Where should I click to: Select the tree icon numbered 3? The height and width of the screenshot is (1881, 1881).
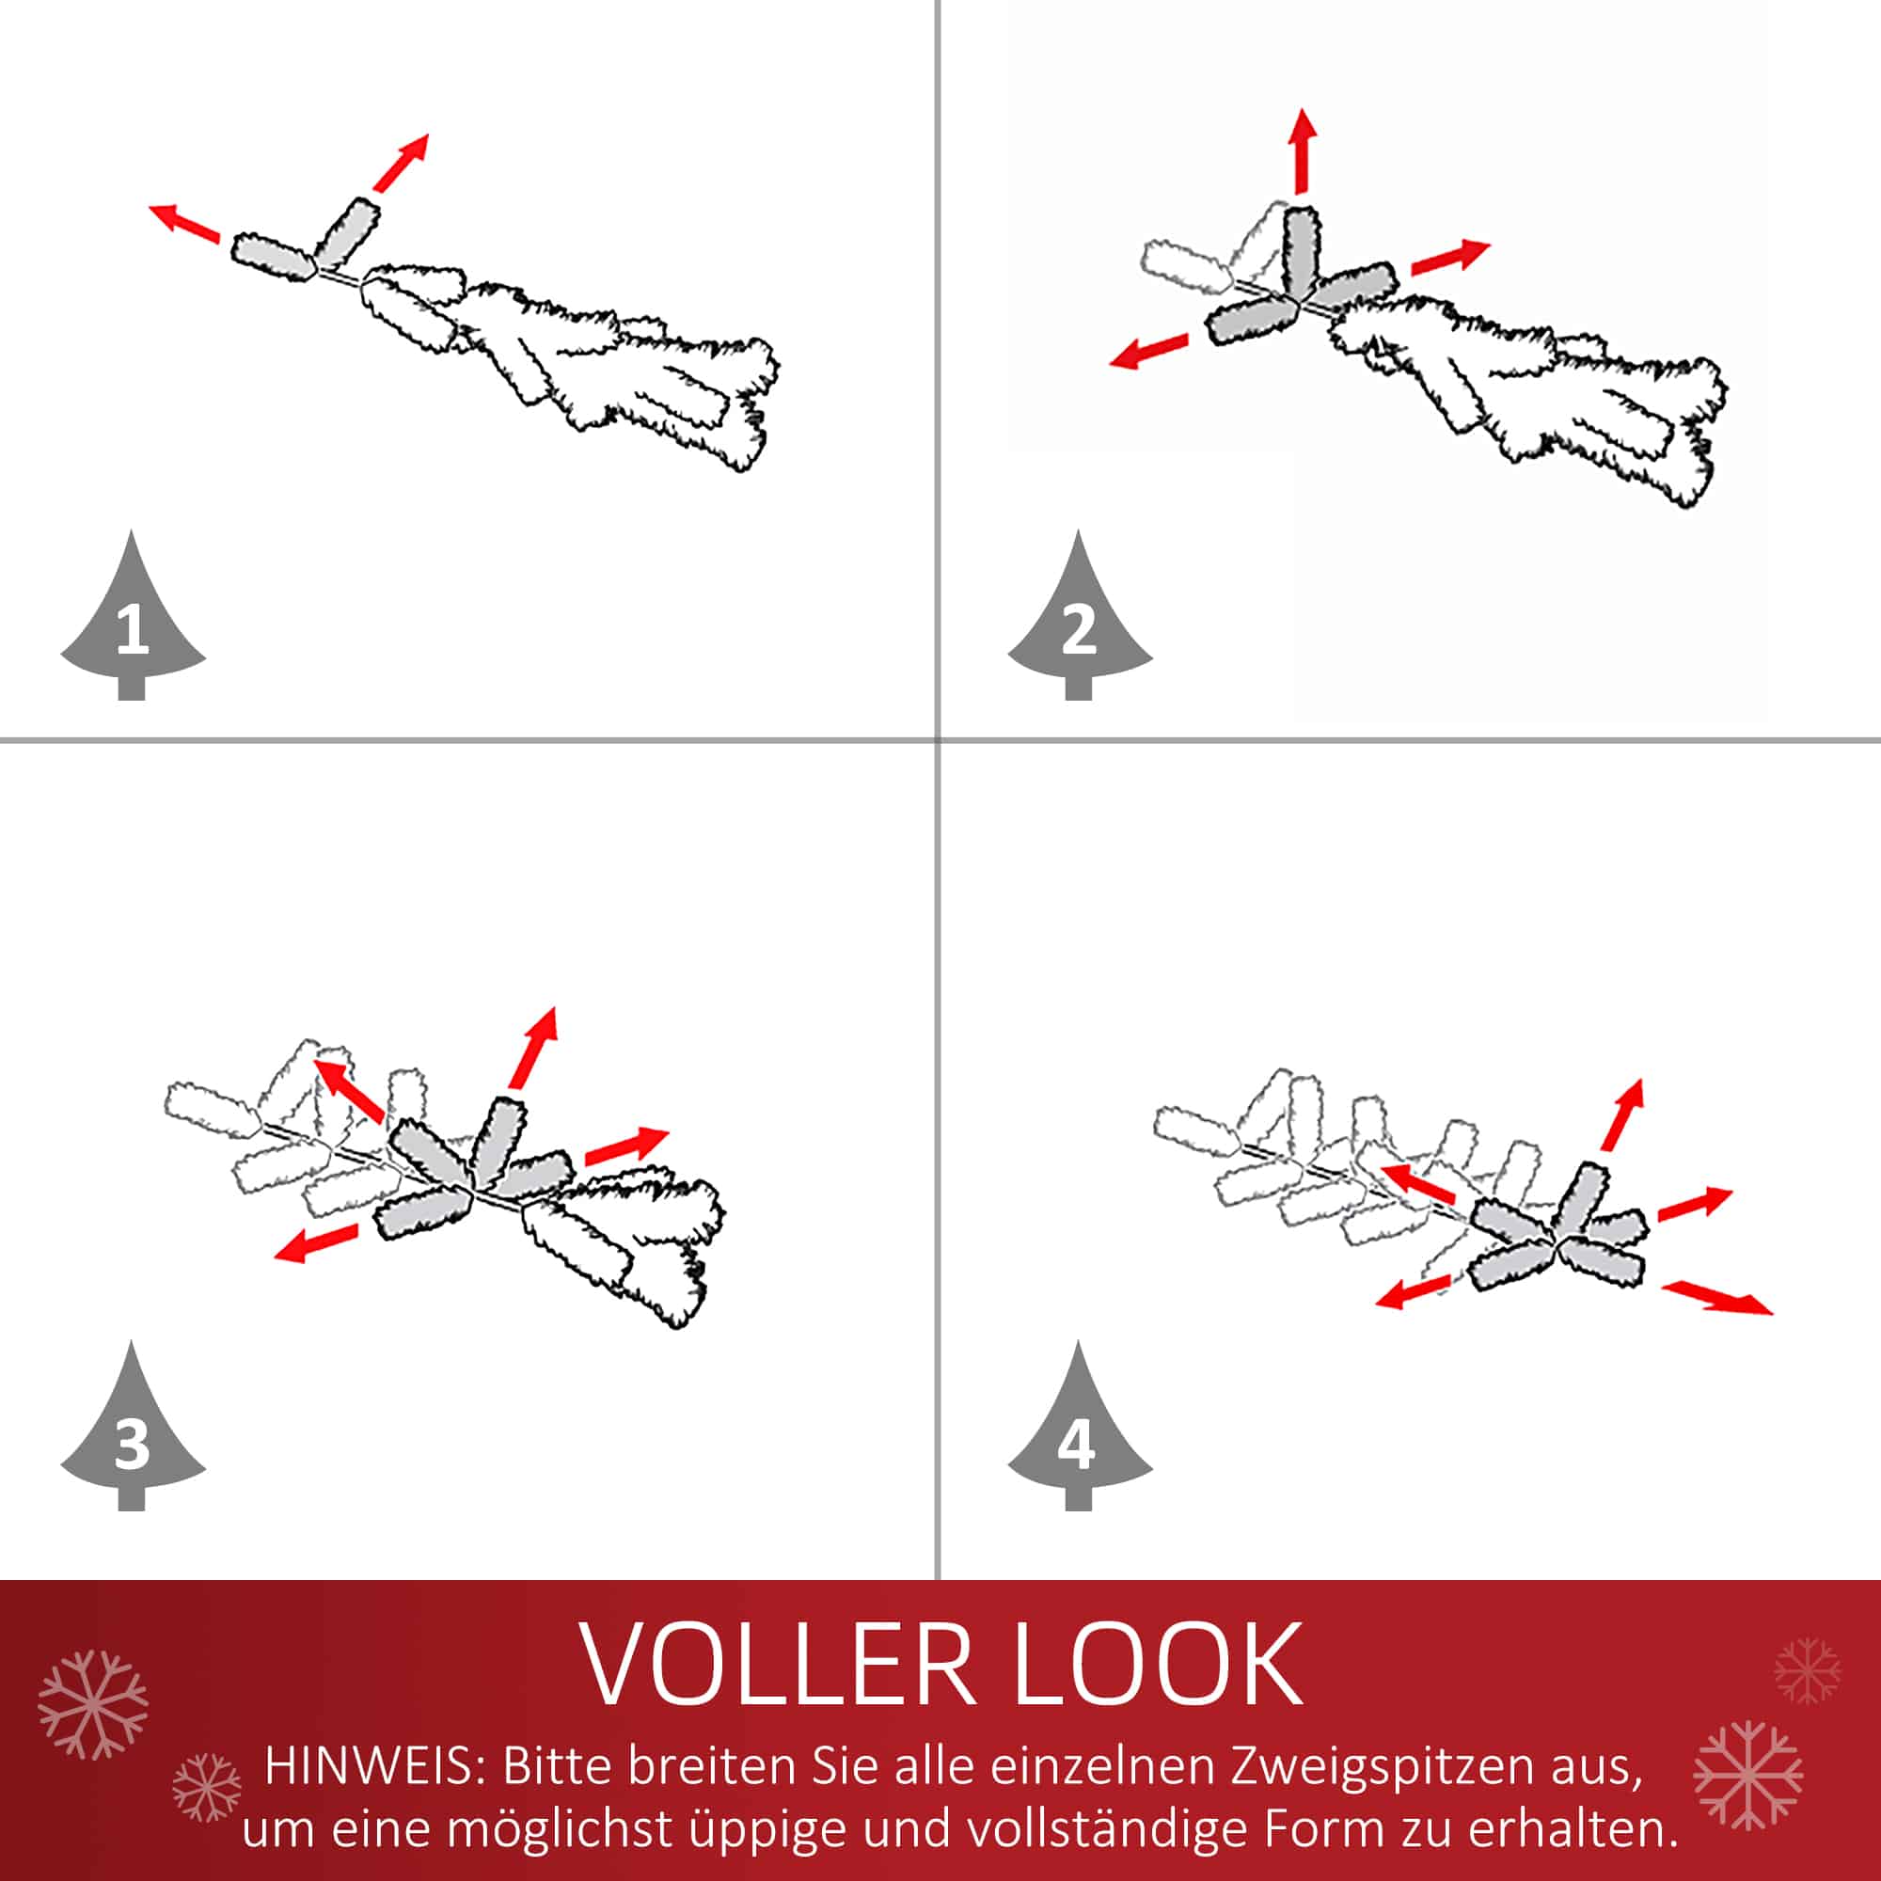[133, 1434]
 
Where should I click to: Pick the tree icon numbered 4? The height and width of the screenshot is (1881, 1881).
[1080, 1434]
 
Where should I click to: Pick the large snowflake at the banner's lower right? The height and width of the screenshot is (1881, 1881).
[1747, 1775]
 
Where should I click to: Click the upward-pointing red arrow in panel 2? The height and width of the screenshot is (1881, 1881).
[1302, 150]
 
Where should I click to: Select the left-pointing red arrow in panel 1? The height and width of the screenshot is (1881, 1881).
[184, 223]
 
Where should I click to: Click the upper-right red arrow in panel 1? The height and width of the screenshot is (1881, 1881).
[400, 163]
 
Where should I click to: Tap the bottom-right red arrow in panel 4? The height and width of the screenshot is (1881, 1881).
[1717, 1298]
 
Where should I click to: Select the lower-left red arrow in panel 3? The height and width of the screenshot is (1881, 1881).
[315, 1242]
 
